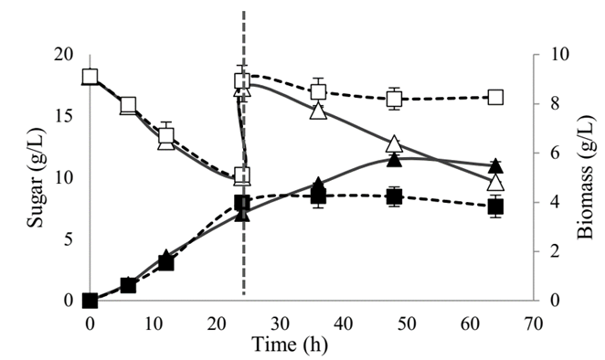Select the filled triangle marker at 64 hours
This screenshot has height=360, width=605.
pyautogui.click(x=495, y=165)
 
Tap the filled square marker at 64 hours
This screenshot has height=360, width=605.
pyautogui.click(x=495, y=207)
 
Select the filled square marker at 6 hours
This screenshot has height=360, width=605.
pyautogui.click(x=128, y=286)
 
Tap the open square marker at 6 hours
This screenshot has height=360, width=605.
pyautogui.click(x=128, y=105)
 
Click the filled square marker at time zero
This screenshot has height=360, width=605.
pyautogui.click(x=90, y=301)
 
